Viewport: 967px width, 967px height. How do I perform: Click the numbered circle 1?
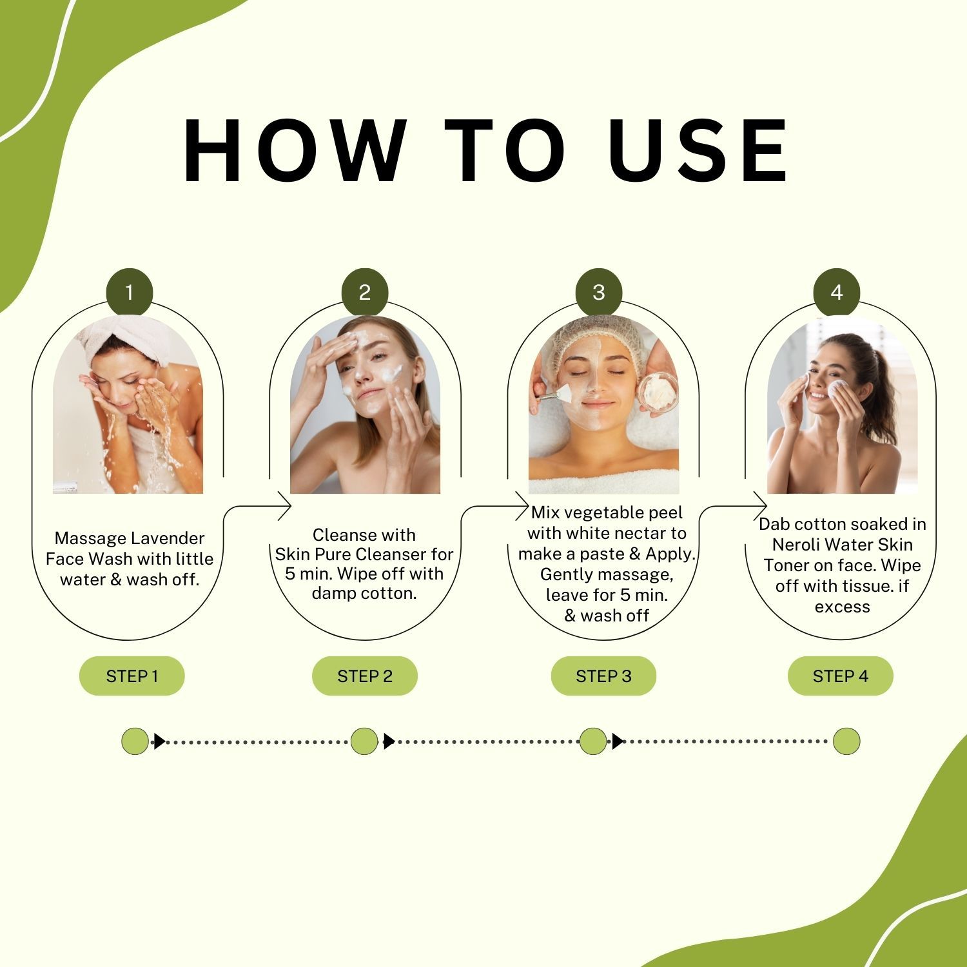tap(129, 292)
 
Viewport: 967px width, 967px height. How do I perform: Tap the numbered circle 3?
tap(599, 292)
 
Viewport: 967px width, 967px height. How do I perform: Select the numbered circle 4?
tap(837, 292)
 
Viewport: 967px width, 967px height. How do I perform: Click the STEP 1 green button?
tap(132, 676)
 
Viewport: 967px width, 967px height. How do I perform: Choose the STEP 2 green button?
tap(365, 676)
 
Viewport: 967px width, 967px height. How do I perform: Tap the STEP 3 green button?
tap(603, 676)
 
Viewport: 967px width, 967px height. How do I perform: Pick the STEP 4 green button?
tap(841, 676)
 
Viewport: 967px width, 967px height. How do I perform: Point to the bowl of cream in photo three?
tap(658, 395)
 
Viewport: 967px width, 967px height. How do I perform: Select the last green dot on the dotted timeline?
tap(846, 741)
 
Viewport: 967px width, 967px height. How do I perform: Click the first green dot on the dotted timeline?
tap(135, 741)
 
